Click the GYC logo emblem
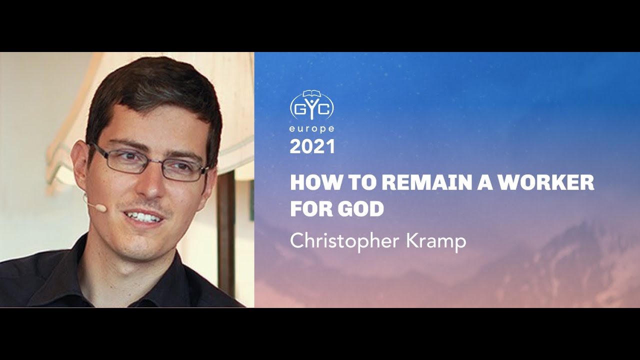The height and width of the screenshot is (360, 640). tap(312, 105)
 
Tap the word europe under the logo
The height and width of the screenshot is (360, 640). tap(312, 129)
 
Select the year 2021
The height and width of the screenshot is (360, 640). tap(312, 146)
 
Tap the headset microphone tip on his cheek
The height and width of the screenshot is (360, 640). tap(100, 207)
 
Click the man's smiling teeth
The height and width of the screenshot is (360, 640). tap(144, 217)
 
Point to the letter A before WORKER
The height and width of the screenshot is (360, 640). tap(484, 183)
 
